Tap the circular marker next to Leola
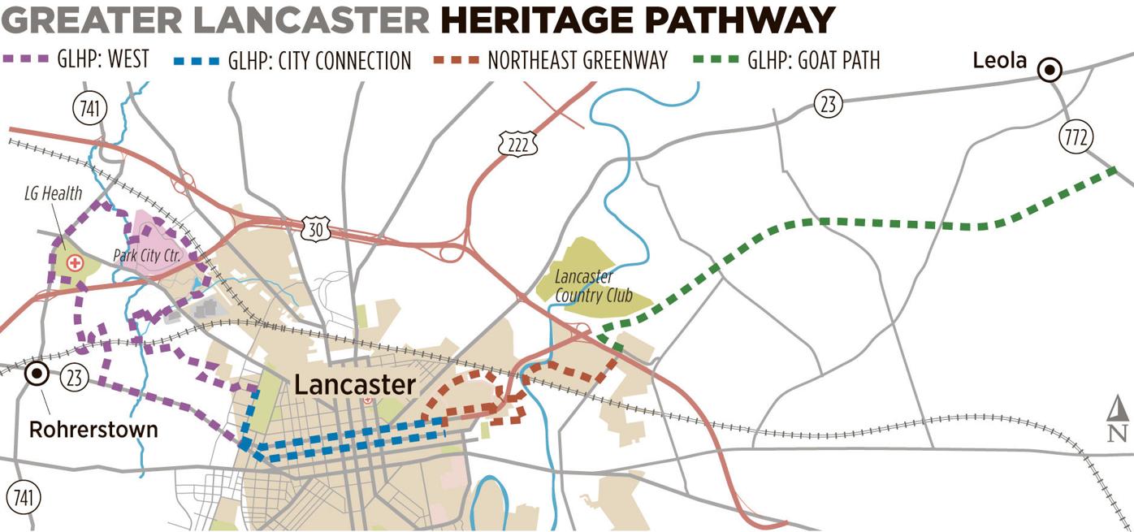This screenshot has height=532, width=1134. click(1050, 71)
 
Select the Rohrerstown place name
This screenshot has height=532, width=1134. click(93, 429)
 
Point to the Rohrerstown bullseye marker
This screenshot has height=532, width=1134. click(37, 374)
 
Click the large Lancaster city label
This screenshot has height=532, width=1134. click(355, 384)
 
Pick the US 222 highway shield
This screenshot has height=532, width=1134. click(517, 143)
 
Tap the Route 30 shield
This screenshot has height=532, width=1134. click(314, 230)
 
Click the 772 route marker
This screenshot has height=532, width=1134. click(1077, 137)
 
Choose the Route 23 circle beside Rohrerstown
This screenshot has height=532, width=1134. click(75, 377)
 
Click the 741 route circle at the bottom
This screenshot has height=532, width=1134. click(23, 497)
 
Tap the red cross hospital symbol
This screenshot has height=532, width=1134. click(75, 263)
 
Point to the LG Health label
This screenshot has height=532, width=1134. click(52, 193)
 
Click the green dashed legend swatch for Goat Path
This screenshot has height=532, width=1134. click(716, 59)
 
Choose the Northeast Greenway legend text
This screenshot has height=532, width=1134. click(578, 61)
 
